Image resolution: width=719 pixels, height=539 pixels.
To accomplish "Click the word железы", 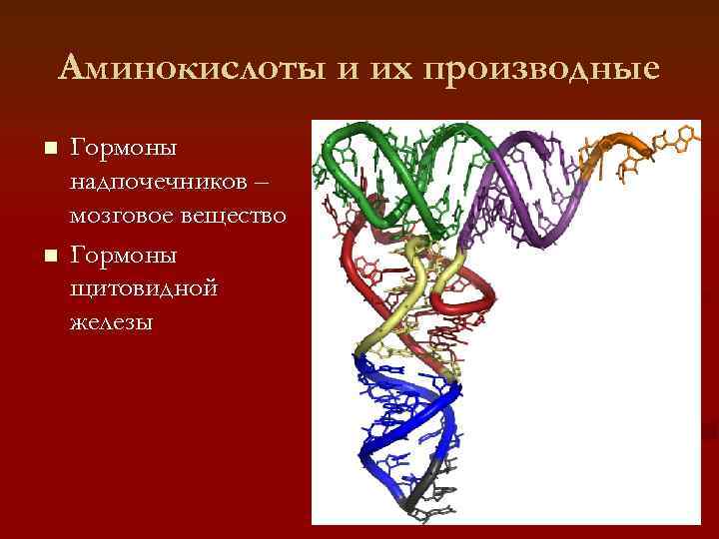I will [x=111, y=322].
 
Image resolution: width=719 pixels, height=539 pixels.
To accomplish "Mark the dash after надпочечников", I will [x=276, y=183].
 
